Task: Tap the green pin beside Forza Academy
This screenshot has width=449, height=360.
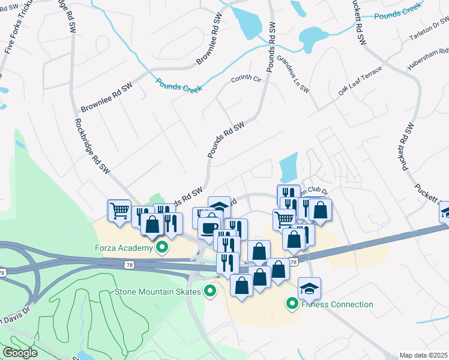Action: [161, 247]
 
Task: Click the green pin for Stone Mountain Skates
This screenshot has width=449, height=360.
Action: [209, 292]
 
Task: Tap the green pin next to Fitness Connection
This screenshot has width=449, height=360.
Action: [292, 304]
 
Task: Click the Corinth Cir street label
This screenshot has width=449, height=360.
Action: [247, 79]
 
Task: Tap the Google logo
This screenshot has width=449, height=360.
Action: [20, 353]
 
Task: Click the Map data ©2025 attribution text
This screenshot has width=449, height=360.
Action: [423, 355]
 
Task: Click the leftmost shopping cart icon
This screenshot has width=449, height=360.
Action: [119, 211]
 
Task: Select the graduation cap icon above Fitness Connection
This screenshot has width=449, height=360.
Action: [309, 289]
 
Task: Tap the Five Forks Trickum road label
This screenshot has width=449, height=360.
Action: [17, 27]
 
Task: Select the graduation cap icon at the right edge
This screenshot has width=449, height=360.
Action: [446, 212]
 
